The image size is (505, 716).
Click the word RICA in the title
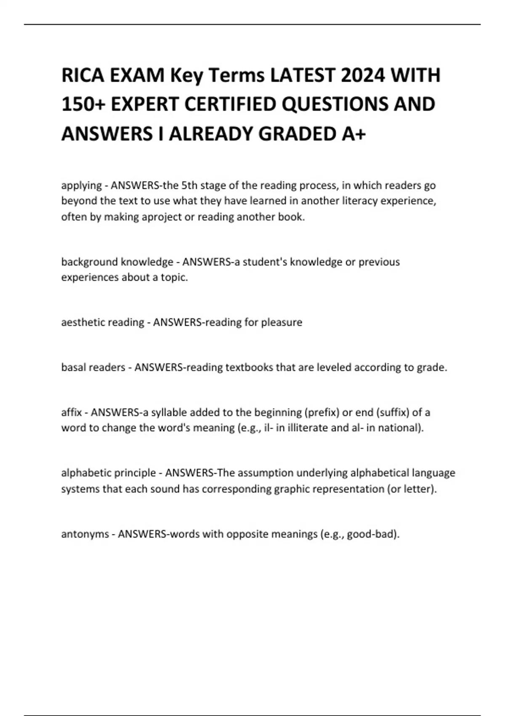click(83, 76)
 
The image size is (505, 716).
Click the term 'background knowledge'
click(117, 262)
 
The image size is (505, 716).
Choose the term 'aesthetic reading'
click(103, 322)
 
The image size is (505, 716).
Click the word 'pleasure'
click(282, 322)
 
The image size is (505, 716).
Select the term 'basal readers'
click(93, 367)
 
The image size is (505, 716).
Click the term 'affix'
click(71, 412)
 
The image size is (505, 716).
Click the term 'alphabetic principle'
click(109, 473)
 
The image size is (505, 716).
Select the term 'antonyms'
click(85, 534)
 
